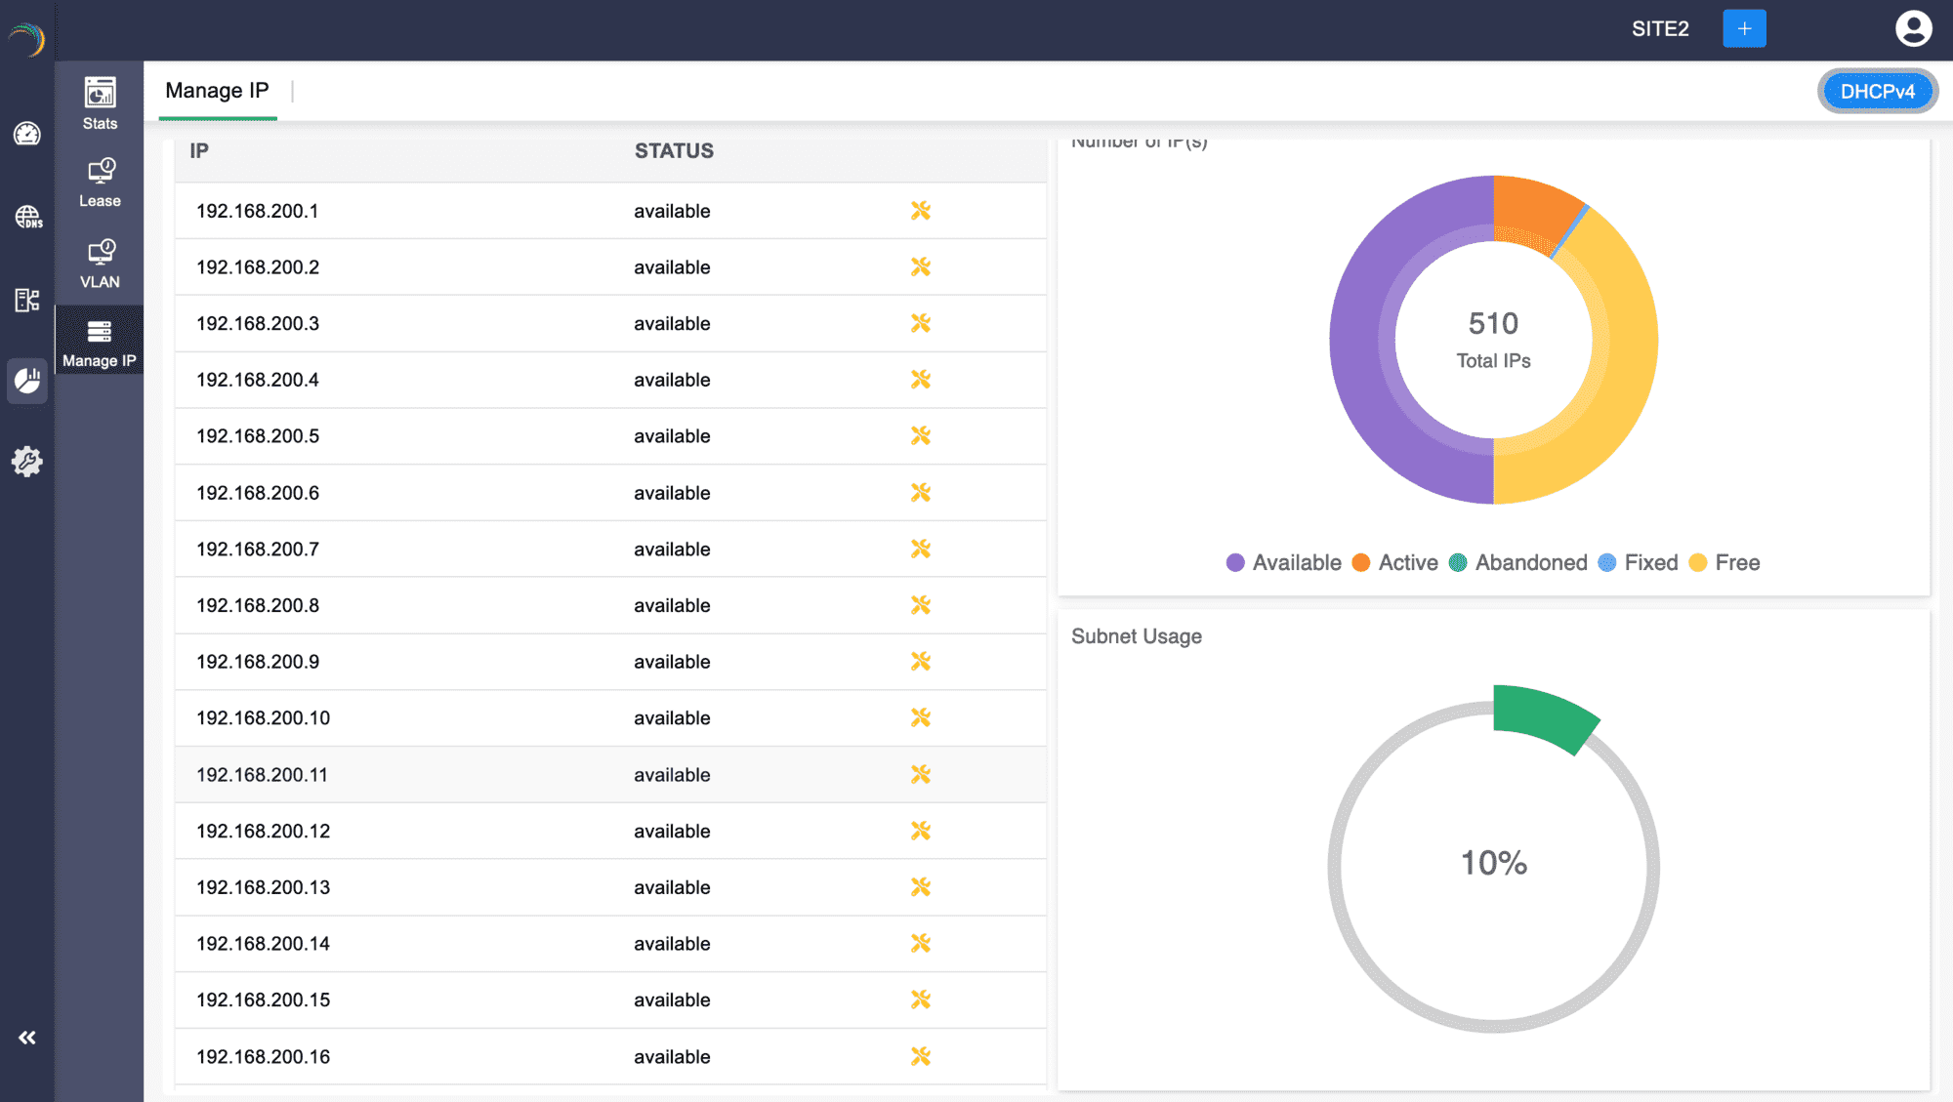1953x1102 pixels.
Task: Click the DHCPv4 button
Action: coord(1877,92)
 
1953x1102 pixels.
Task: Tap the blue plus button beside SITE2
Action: coord(1744,28)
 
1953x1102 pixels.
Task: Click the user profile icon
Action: coord(1913,28)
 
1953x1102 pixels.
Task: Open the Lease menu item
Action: coord(100,184)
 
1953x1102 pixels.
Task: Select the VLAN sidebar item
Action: coord(100,265)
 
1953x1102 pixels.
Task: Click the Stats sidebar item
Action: coord(100,103)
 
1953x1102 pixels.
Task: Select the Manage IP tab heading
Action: coord(217,91)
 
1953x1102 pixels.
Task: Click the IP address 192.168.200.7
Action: coord(258,550)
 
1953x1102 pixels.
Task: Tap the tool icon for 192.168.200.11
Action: coord(920,775)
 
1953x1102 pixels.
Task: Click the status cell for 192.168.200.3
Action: coord(672,324)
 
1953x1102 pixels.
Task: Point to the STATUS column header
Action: coord(674,151)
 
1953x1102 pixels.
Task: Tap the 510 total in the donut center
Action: coord(1493,323)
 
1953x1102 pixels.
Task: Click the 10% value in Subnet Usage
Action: coord(1493,863)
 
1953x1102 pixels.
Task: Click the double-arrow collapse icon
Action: coord(27,1038)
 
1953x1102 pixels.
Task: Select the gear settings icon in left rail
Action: coord(27,462)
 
